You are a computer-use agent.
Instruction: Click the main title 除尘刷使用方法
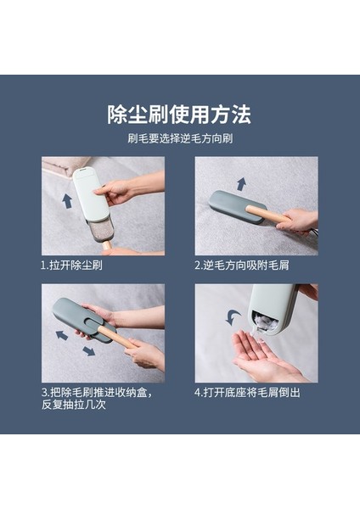[179, 115]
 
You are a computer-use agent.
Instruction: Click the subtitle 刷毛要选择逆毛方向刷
[180, 138]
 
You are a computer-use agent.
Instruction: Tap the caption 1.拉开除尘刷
[71, 266]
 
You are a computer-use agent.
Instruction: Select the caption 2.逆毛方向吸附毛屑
[242, 266]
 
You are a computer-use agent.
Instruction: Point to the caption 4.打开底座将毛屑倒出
[247, 393]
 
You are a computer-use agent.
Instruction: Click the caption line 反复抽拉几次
[74, 405]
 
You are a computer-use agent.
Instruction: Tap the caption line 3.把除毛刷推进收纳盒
[97, 393]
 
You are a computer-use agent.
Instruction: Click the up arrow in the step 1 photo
[67, 201]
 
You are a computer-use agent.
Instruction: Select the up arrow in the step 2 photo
[241, 184]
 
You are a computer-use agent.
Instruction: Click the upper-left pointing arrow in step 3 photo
[62, 335]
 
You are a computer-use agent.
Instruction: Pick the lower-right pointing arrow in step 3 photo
[88, 351]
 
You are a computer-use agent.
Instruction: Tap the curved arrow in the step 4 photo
[233, 317]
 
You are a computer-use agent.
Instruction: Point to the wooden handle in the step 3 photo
[117, 337]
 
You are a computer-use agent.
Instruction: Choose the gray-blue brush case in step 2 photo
[235, 206]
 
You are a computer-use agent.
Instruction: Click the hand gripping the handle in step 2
[297, 221]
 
